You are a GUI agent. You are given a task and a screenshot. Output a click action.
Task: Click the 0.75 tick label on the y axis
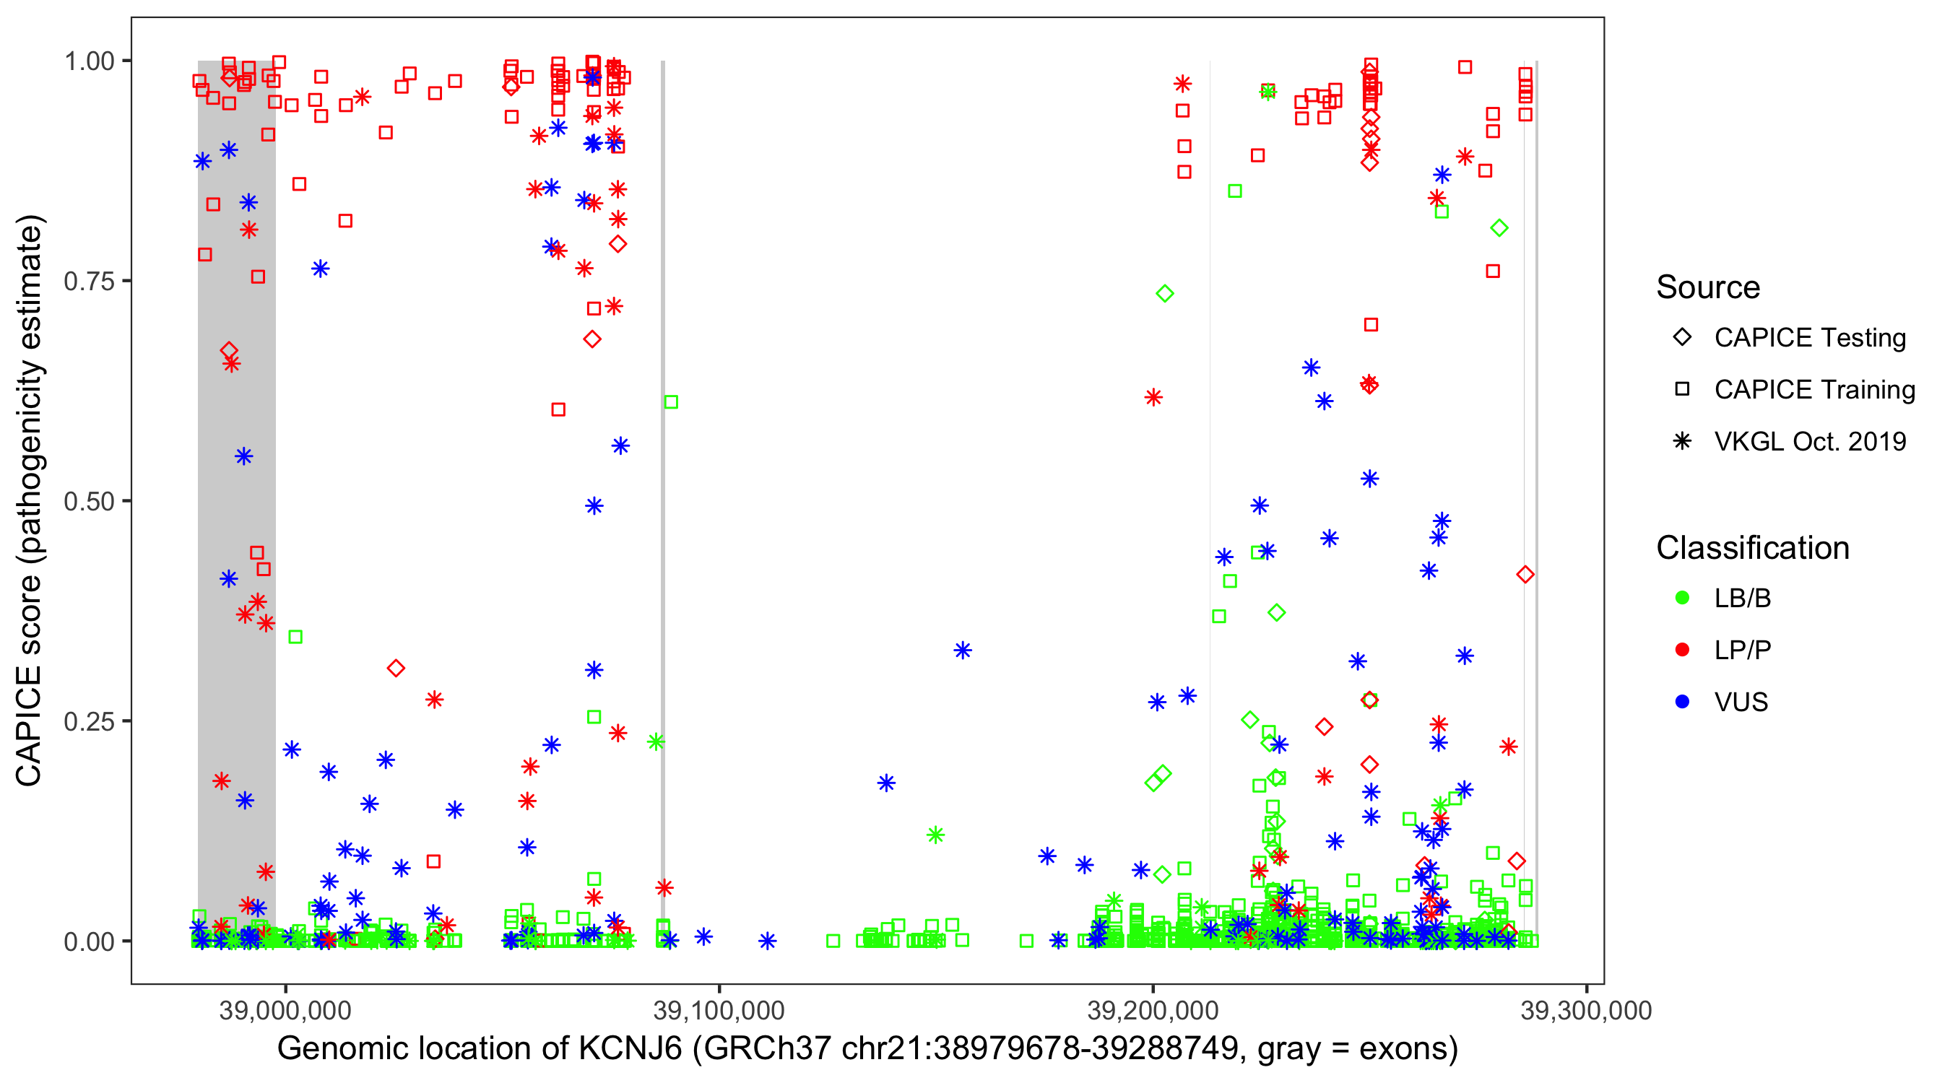click(88, 282)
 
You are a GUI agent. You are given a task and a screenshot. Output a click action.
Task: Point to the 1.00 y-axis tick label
click(88, 61)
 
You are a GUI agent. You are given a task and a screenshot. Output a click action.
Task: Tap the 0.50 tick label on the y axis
click(88, 501)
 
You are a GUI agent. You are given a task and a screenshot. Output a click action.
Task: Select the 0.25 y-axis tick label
click(88, 721)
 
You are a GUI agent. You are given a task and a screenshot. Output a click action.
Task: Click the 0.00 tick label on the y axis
click(88, 941)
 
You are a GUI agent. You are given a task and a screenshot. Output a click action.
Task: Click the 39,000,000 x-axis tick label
click(285, 1010)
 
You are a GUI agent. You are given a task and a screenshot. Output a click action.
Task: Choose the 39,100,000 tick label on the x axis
click(719, 1010)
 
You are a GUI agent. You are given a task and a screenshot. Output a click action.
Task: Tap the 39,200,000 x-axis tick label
click(1152, 1010)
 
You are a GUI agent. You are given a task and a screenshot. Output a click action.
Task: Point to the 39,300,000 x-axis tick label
click(1586, 1010)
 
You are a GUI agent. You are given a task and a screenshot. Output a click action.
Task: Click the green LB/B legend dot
click(1682, 598)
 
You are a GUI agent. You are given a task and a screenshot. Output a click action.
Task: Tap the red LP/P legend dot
click(1682, 650)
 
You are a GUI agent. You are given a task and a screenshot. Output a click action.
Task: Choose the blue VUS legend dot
click(1682, 703)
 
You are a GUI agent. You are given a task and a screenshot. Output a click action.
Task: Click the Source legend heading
click(1708, 287)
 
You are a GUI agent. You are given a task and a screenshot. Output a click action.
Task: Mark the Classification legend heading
click(1752, 548)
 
